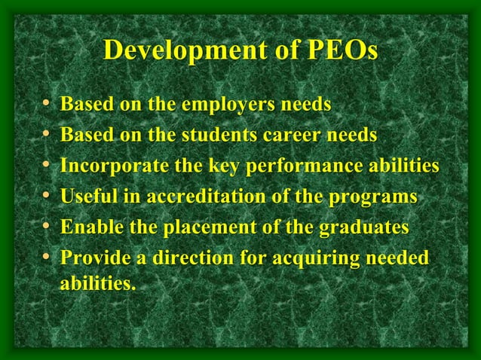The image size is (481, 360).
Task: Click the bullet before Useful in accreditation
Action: click(x=47, y=197)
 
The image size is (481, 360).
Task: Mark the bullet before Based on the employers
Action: click(x=47, y=104)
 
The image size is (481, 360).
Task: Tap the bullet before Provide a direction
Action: click(x=47, y=258)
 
